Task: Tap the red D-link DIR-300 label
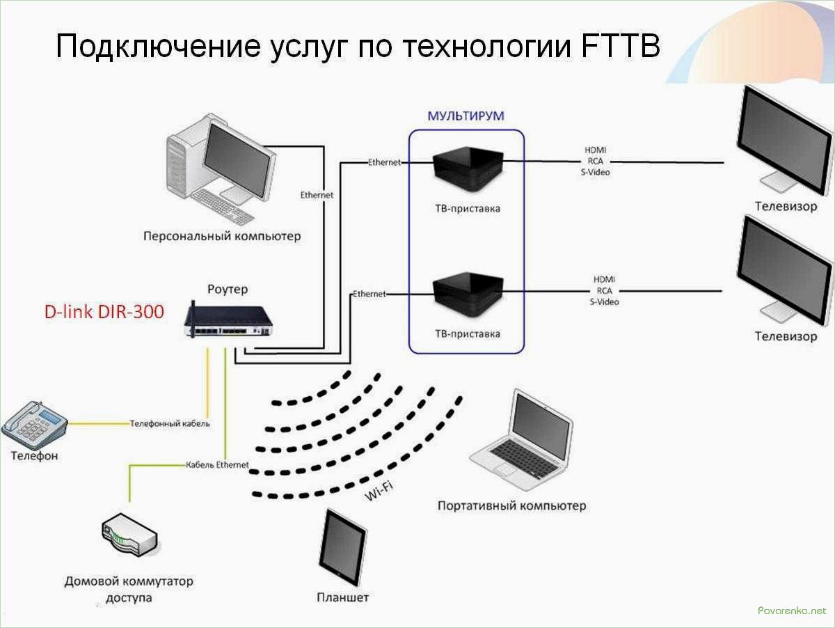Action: (104, 311)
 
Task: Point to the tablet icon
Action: (342, 547)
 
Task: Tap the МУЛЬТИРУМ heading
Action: (466, 116)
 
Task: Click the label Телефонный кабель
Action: (170, 423)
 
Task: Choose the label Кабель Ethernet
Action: (217, 464)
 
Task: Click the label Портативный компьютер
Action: (511, 505)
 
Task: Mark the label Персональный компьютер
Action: (222, 236)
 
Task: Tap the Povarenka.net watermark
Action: (793, 610)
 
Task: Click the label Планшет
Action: (342, 597)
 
